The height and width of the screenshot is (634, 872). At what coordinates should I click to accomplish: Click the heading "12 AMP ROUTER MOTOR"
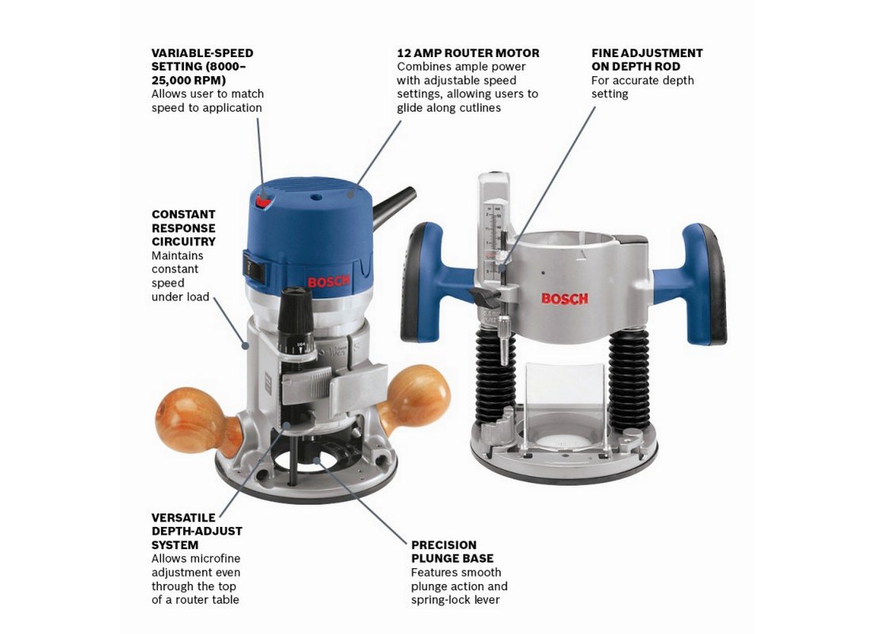point(468,53)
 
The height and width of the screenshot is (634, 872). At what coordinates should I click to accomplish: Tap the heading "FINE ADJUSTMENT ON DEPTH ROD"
point(647,60)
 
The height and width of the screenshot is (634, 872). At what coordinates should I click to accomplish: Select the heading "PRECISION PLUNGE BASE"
point(452,552)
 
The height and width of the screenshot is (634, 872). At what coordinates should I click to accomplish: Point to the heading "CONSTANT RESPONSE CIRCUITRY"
point(184,228)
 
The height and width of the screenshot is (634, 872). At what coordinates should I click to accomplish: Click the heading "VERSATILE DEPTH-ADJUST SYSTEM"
point(197,531)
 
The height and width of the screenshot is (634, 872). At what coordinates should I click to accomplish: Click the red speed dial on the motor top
point(264,201)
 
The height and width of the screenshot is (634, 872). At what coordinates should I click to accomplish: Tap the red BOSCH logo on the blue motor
point(329,281)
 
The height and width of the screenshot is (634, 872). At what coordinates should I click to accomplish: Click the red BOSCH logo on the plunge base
point(564,299)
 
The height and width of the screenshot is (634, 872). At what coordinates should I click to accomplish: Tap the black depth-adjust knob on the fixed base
point(295,314)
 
